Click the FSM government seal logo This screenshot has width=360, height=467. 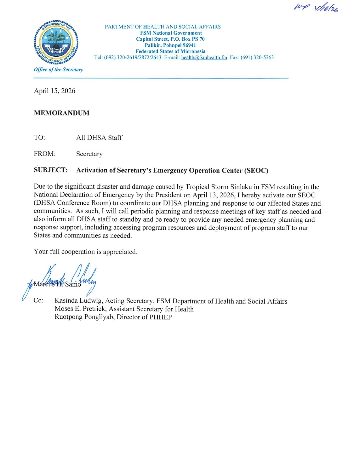[56, 42]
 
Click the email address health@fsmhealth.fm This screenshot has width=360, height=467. [204, 57]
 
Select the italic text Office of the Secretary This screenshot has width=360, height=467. [59, 70]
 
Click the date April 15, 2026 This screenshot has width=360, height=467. [55, 91]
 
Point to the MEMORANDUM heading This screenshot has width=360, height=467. [62, 113]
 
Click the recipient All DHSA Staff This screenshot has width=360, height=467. [99, 138]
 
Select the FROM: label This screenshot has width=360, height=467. [45, 154]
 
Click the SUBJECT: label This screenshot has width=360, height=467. [51, 170]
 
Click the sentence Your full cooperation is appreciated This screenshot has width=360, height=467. [85, 252]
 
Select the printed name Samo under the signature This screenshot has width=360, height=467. [73, 284]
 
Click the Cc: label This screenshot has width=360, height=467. [38, 300]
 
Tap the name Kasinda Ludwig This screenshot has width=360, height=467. [78, 301]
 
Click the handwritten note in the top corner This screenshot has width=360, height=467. [316, 8]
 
